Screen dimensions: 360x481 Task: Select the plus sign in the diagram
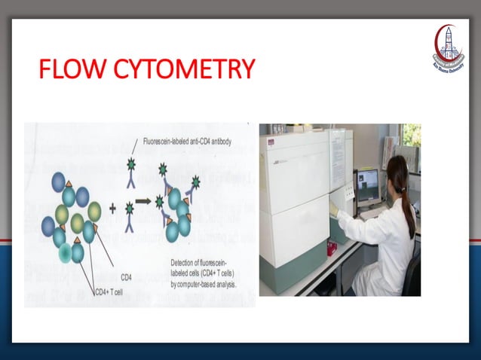112,206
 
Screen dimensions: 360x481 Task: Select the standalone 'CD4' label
126,276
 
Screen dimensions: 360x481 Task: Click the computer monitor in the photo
369,185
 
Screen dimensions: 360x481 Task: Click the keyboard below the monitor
372,213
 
